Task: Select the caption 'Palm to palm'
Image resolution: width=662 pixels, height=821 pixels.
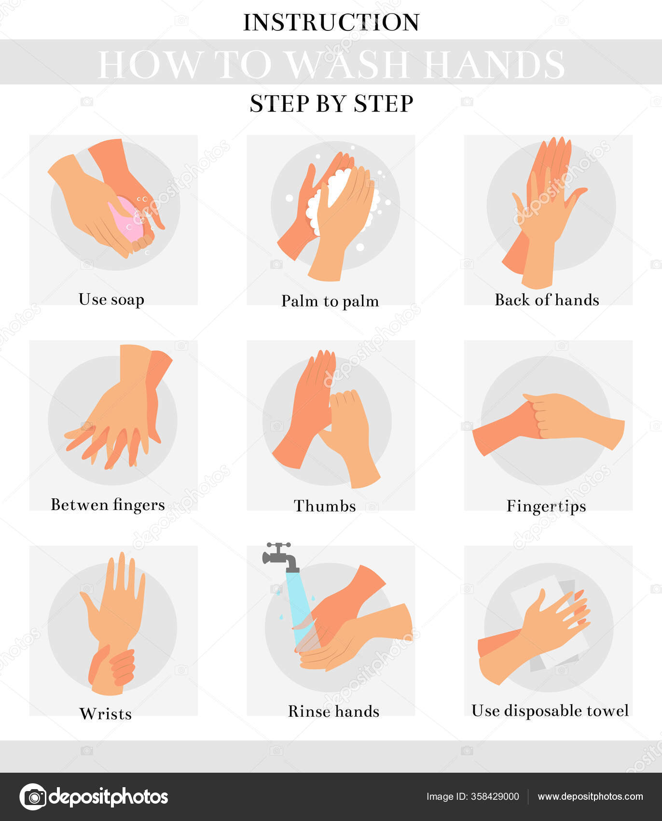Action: click(330, 301)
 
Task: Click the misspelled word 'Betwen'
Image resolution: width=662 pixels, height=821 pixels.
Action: click(79, 505)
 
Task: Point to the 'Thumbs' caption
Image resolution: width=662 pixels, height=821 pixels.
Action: click(325, 506)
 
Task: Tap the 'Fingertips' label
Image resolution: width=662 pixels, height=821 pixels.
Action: click(546, 506)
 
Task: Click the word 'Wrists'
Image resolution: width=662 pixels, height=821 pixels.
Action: click(105, 713)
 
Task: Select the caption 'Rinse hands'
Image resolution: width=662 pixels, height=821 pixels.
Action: click(333, 711)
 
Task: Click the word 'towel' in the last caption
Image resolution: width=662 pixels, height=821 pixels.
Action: click(607, 710)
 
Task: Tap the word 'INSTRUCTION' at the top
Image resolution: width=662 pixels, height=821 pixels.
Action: click(331, 22)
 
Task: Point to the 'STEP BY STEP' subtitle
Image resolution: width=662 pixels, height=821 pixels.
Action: click(331, 103)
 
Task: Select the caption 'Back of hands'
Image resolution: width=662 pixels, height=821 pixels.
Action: click(547, 300)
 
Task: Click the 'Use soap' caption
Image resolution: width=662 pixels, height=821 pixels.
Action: click(111, 299)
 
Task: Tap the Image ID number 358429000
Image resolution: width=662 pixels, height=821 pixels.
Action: click(495, 796)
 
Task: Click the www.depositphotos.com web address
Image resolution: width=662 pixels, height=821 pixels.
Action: click(590, 796)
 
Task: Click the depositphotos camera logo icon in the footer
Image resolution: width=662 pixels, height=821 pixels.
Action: click(33, 796)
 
